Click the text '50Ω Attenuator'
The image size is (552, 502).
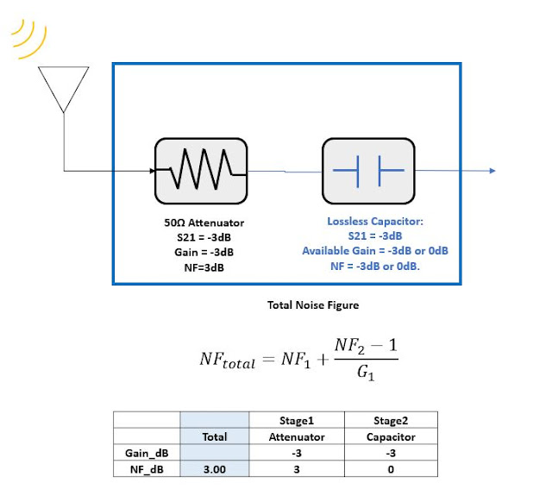coord(199,223)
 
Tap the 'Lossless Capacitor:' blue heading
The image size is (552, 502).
coord(375,222)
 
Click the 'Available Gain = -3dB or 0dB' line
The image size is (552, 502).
coord(375,250)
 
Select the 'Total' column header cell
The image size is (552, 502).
coord(214,436)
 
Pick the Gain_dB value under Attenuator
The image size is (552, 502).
coord(296,452)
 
